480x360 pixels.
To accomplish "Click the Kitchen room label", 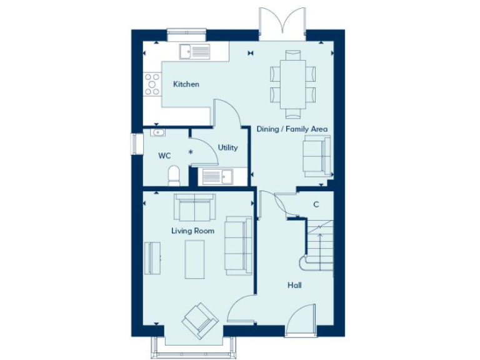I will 186,84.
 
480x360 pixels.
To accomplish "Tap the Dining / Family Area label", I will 292,129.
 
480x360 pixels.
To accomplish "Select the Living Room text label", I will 192,231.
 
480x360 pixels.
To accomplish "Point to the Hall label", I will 294,285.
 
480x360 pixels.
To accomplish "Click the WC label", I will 164,156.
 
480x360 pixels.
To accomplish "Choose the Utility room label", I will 227,147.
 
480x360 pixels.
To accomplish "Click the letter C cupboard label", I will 316,204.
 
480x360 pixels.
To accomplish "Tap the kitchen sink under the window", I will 195,51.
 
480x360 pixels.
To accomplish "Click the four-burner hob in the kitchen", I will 152,84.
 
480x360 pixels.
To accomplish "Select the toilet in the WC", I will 174,176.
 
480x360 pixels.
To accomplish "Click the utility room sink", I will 216,177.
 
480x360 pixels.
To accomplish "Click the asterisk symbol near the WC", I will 191,152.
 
